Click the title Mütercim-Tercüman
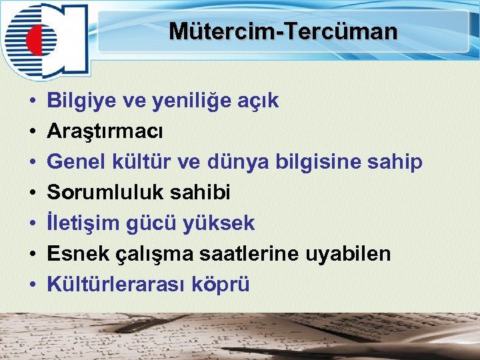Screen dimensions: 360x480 (x=283, y=31)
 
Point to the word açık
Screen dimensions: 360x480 (x=259, y=101)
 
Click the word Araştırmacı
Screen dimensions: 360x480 (x=105, y=132)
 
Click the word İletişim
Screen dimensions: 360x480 (x=84, y=223)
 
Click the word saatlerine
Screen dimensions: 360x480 (x=234, y=254)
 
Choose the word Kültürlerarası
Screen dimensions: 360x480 (x=117, y=285)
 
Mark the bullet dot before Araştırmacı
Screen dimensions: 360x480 (x=33, y=132)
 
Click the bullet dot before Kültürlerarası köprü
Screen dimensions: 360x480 (x=33, y=285)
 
